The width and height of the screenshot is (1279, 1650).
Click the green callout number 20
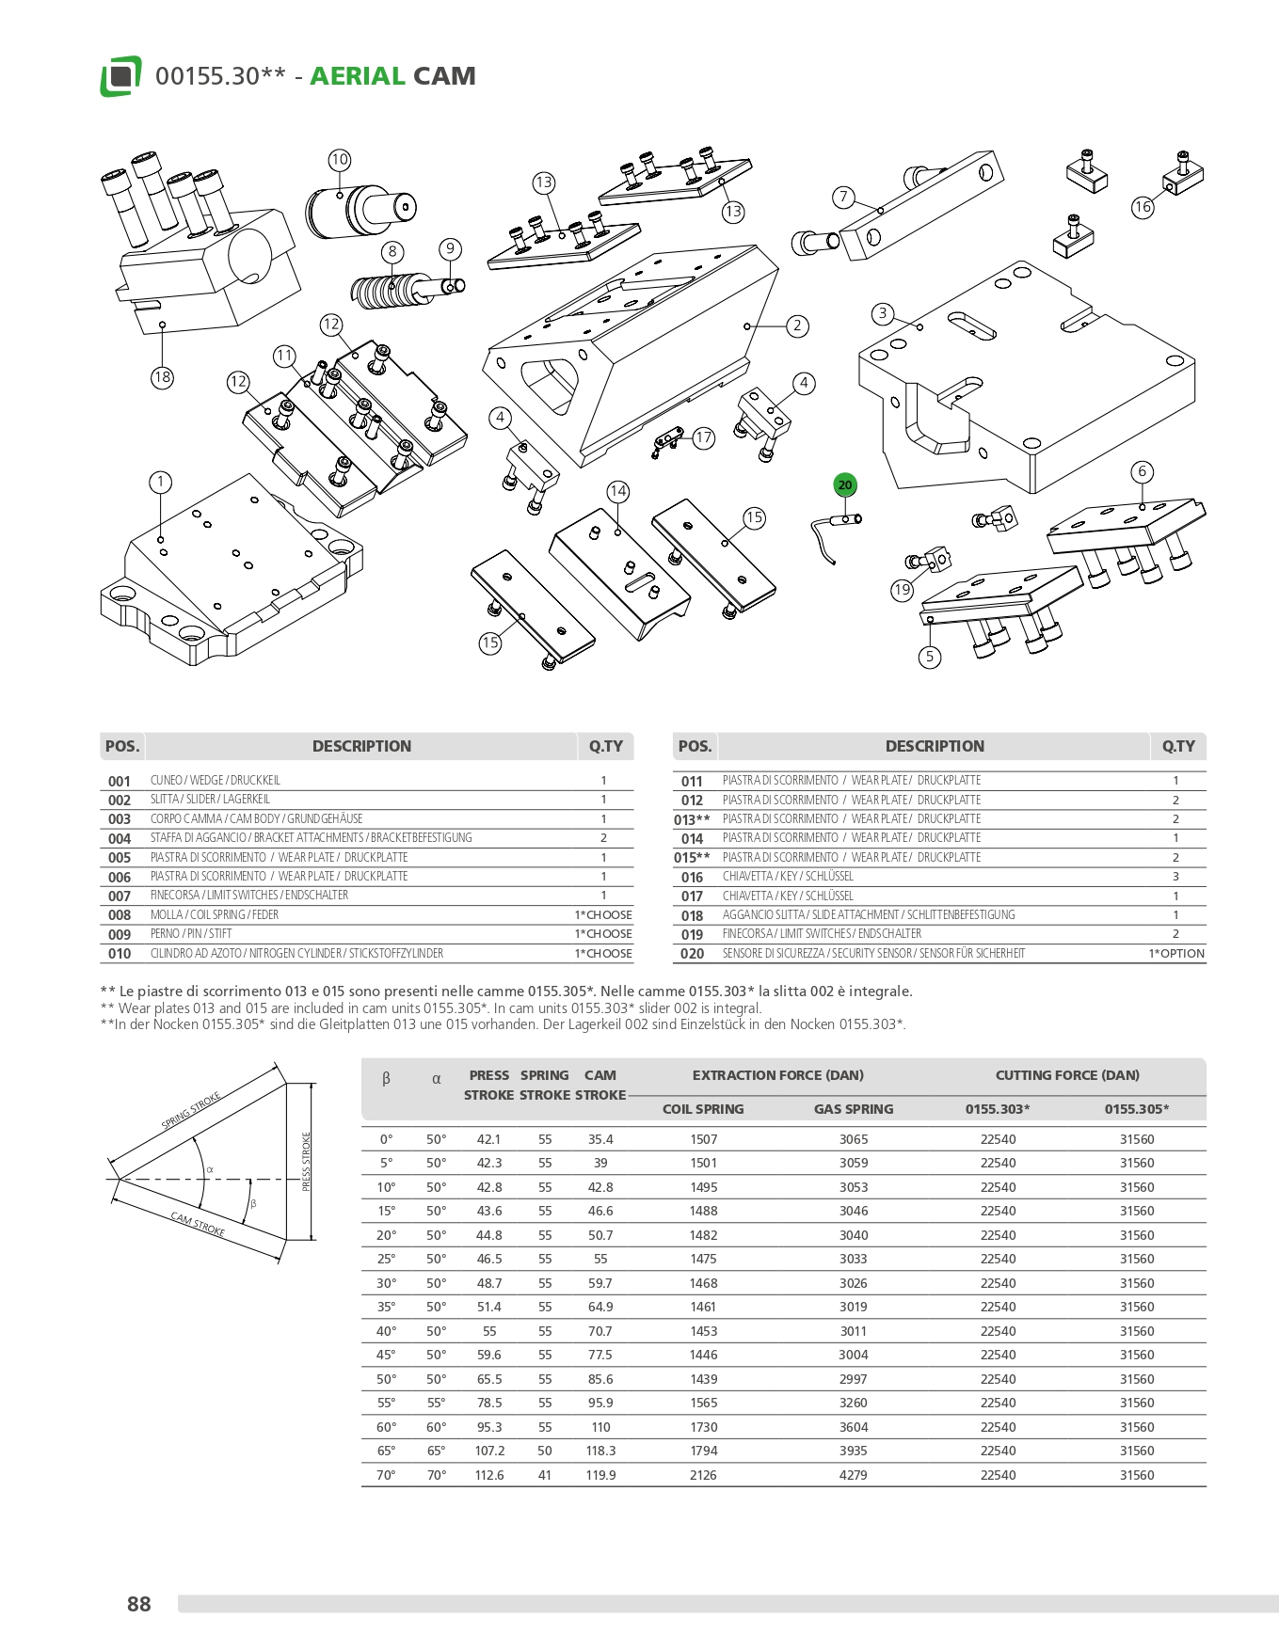click(844, 485)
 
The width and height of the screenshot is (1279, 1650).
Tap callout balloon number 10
click(340, 160)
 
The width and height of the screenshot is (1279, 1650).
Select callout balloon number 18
click(162, 377)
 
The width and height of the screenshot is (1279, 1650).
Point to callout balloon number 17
click(704, 437)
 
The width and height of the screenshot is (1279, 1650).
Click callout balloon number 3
click(882, 313)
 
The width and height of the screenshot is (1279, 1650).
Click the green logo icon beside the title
click(120, 76)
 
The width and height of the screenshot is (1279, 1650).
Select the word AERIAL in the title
click(357, 76)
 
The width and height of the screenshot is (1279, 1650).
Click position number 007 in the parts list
click(120, 896)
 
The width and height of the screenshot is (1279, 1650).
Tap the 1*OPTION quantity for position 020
click(1175, 953)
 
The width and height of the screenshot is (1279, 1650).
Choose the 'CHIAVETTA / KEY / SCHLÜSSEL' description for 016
click(775, 877)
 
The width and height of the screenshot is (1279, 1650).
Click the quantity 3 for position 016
click(1175, 877)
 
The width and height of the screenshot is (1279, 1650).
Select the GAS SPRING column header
click(854, 1109)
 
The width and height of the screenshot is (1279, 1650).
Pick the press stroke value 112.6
click(489, 1475)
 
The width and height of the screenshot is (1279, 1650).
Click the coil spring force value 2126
click(703, 1475)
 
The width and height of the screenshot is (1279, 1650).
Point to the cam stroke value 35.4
click(600, 1139)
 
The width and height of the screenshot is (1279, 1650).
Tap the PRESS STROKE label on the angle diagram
click(306, 1162)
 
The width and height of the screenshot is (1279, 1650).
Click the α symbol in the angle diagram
click(210, 1170)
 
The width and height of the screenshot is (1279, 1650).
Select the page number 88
click(139, 1604)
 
